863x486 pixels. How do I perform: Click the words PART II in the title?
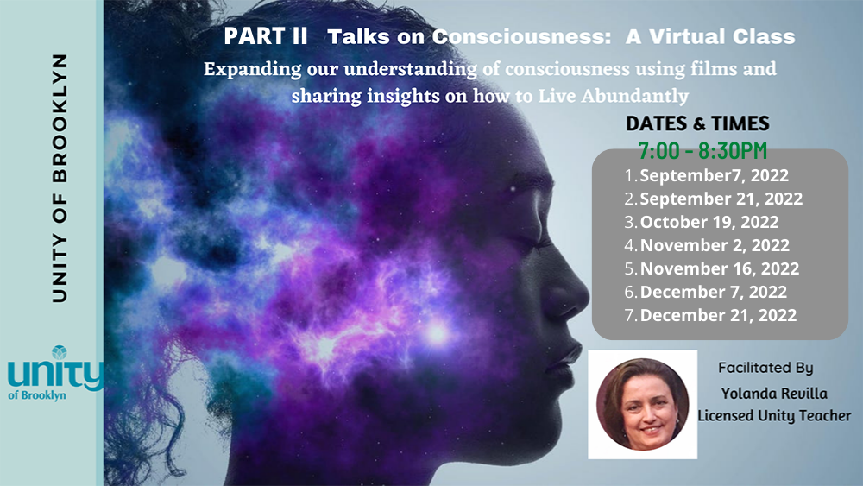[x=265, y=36]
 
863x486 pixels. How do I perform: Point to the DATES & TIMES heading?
[x=697, y=123]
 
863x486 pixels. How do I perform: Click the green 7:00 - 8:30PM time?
[x=702, y=151]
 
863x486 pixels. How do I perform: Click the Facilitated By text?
[x=765, y=368]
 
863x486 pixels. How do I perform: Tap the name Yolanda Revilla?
[x=774, y=393]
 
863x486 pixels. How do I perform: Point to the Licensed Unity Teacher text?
[x=774, y=415]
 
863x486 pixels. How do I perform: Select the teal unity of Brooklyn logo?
[x=55, y=373]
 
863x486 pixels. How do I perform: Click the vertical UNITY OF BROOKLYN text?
[x=60, y=178]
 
